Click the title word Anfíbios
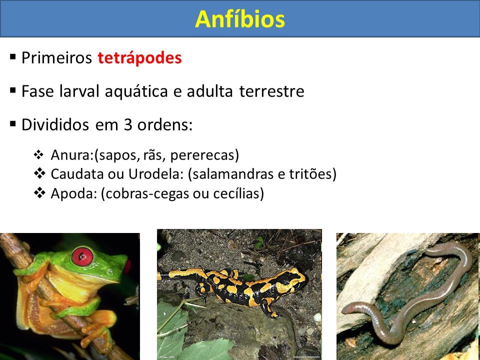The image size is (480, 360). pos(240,19)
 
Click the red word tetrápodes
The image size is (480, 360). pos(139,58)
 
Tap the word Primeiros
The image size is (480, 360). pos(56,57)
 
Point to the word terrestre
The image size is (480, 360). pos(271,91)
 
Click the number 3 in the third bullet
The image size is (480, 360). pos(127,124)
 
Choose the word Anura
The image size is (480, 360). pos(71,155)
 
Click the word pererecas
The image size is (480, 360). pos(204,155)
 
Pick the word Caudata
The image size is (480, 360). pos(76,174)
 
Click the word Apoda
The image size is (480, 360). pos(73,193)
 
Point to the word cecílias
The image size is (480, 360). pos(238,193)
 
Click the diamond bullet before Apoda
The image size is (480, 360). pos(39,193)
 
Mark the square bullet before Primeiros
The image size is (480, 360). pos(12,57)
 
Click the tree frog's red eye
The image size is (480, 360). pos(82,256)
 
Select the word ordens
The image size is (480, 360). pos(164,124)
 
